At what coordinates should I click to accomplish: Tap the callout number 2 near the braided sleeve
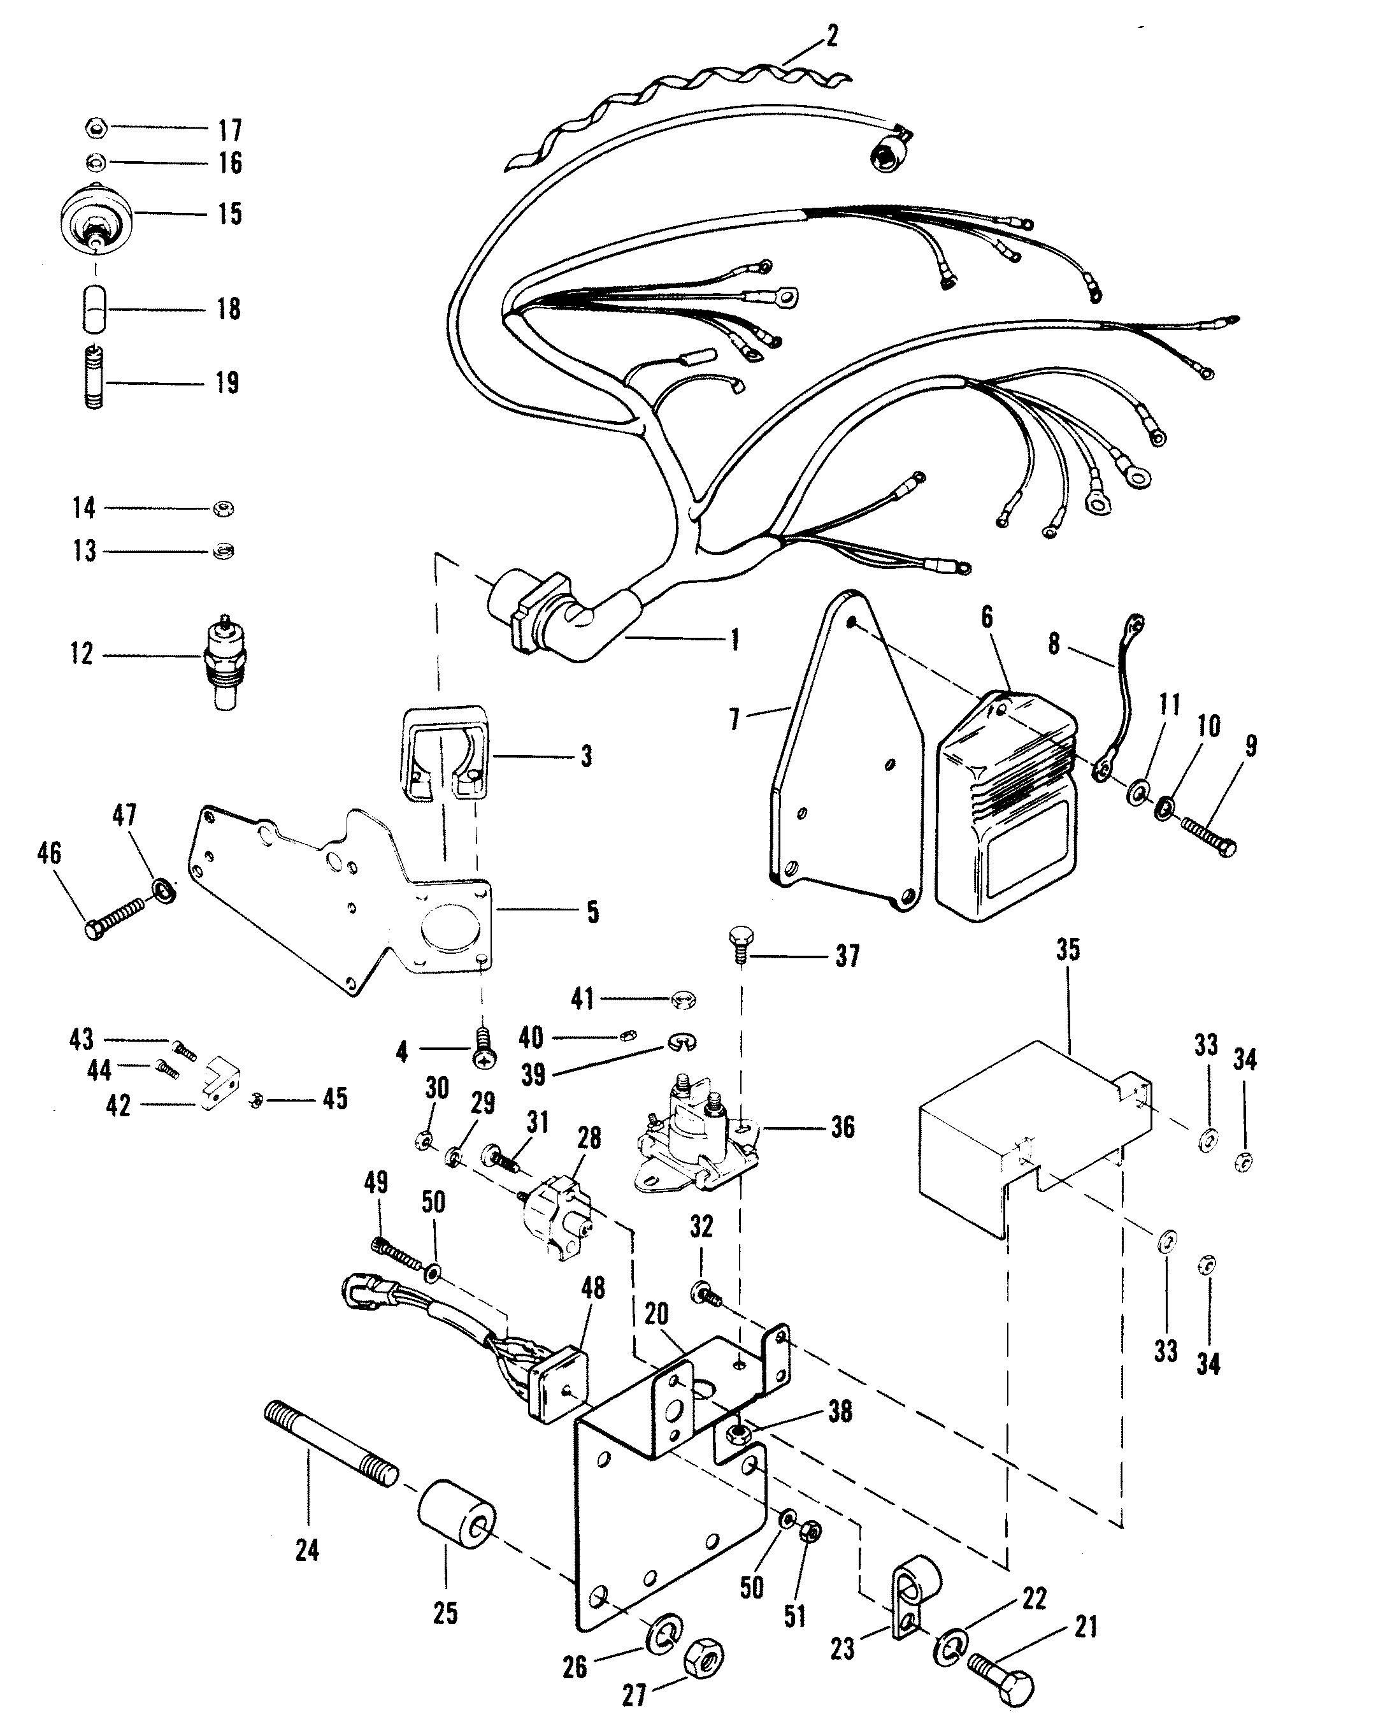point(832,36)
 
